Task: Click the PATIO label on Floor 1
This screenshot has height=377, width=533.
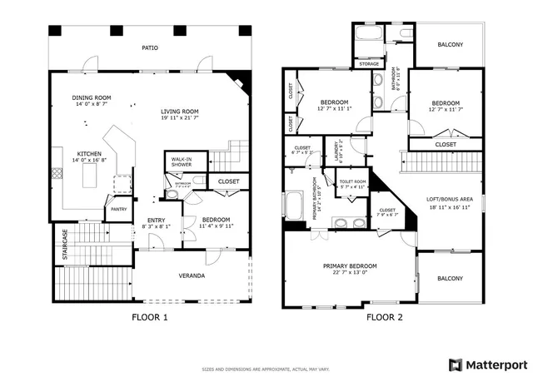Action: pos(150,47)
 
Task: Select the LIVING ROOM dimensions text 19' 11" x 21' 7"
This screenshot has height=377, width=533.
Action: pos(179,117)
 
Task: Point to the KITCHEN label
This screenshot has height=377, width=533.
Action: pos(89,154)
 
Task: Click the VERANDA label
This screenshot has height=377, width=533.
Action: pos(192,275)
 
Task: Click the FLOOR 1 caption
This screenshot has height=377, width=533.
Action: pos(150,316)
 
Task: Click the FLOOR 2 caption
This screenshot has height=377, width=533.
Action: pos(384,316)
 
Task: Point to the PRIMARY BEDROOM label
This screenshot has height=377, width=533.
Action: pos(350,267)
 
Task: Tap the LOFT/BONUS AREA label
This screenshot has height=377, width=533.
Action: pos(450,199)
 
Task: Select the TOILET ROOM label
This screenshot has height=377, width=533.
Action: pos(353,182)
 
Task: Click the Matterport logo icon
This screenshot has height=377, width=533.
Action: pos(454,364)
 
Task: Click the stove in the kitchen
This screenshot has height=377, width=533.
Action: pos(57,174)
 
